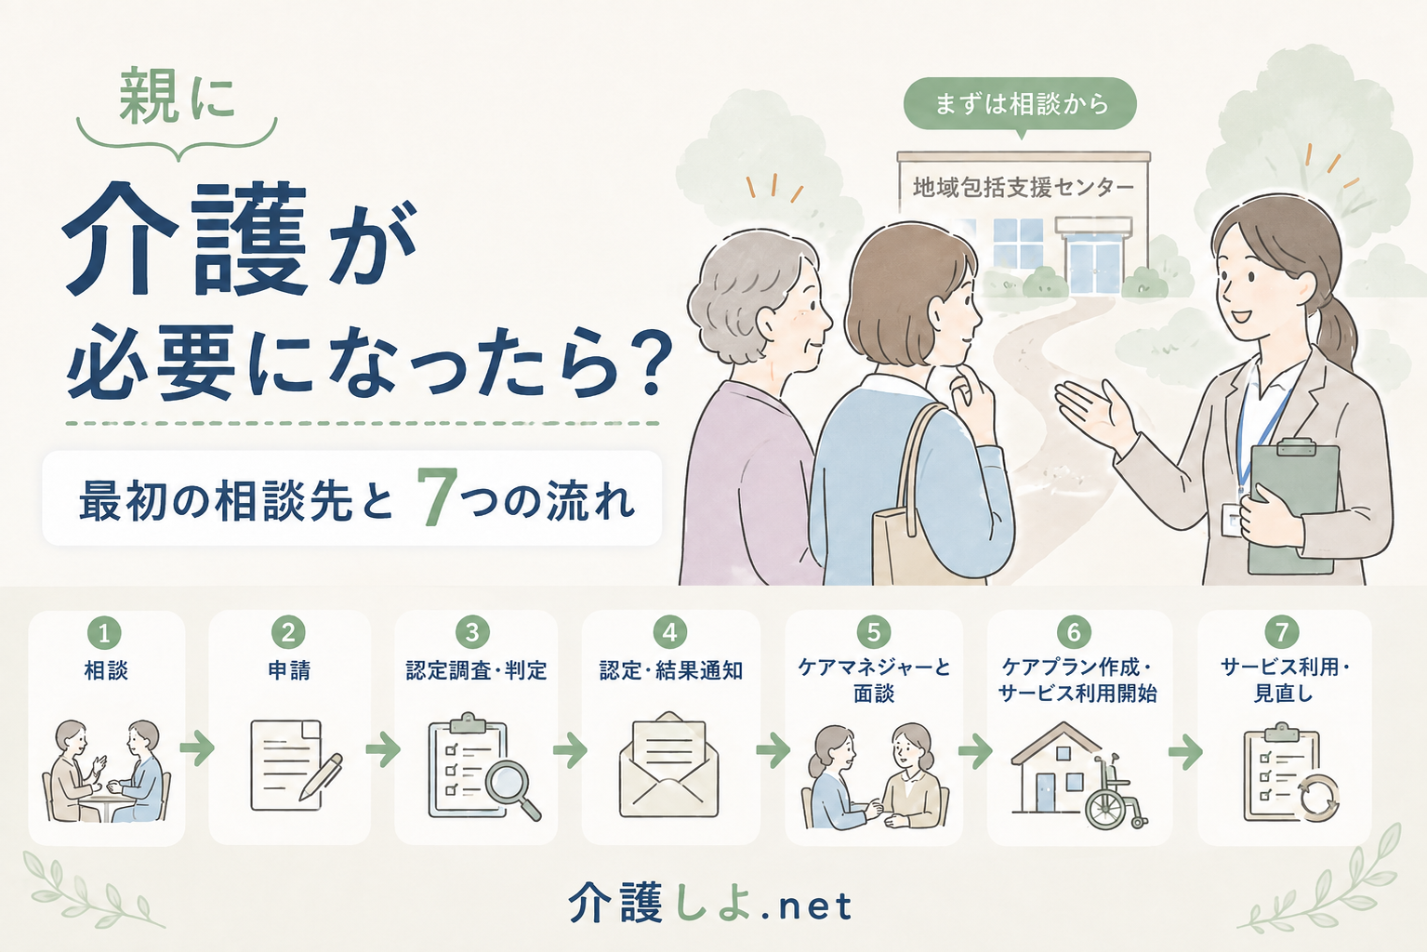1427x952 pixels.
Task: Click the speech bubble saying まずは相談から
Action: (x=1020, y=105)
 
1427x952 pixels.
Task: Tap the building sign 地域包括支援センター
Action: (x=1024, y=188)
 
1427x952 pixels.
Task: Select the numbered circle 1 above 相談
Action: (x=104, y=633)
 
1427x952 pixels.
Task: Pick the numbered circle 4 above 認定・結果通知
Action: (x=670, y=632)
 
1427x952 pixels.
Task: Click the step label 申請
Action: (x=289, y=670)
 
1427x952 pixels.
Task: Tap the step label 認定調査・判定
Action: (x=477, y=670)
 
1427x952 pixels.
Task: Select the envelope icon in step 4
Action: (x=669, y=764)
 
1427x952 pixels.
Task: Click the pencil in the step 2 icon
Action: (x=321, y=777)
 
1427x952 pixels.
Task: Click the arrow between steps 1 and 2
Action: (x=197, y=748)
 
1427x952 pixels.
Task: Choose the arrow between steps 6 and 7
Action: (x=1185, y=752)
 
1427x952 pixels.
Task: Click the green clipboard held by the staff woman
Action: (x=1291, y=507)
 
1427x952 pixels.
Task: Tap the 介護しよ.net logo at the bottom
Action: (x=710, y=905)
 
